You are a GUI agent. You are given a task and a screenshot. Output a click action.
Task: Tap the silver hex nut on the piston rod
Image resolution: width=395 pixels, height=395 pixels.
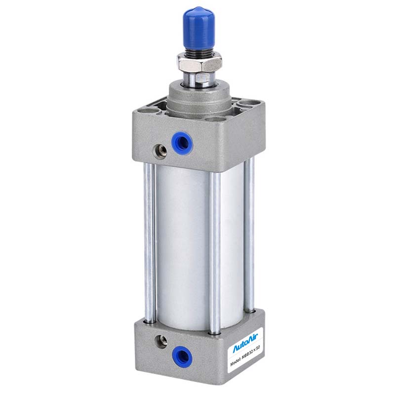tap(199, 63)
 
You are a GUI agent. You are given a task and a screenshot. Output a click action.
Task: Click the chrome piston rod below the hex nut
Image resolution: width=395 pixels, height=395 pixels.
tap(198, 80)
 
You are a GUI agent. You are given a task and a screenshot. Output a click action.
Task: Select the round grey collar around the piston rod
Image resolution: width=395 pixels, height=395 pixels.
tap(198, 99)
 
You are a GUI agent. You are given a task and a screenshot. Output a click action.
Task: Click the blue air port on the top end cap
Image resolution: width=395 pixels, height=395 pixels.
tap(182, 143)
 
